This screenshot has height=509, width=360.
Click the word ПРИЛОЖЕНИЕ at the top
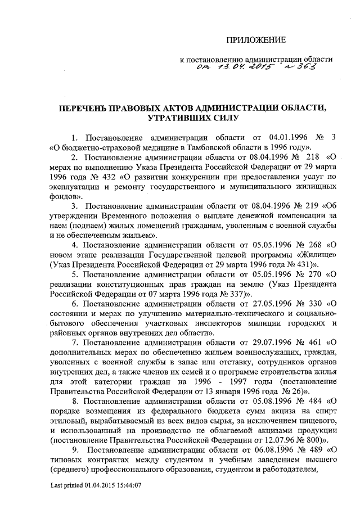click(256, 39)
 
